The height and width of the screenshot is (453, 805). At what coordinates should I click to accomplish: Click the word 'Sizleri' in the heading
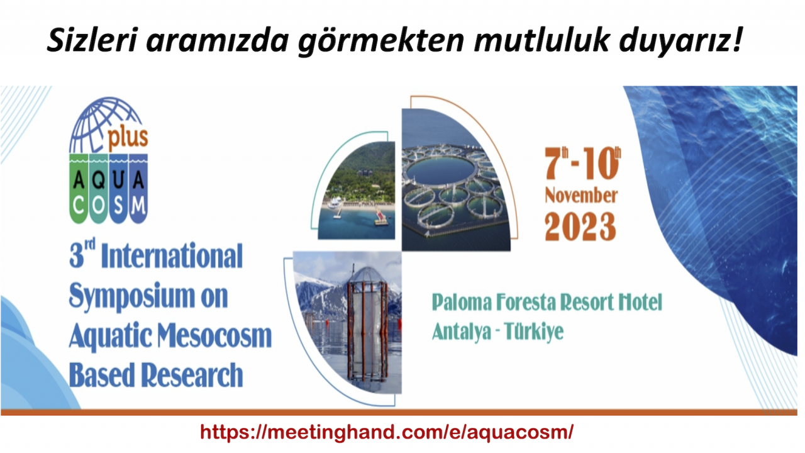92,40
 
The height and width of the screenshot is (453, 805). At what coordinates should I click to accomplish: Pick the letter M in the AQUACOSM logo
138,206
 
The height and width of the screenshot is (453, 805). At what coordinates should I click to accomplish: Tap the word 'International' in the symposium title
172,255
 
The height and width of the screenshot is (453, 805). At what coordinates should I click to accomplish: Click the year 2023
580,226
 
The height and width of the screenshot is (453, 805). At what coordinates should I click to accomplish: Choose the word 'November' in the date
581,196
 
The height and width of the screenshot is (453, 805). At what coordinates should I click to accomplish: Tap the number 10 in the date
598,164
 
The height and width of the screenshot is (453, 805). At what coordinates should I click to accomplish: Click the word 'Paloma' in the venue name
462,303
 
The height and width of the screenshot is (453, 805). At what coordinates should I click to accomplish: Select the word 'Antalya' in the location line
462,332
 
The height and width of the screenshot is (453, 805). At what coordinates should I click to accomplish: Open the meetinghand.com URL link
387,432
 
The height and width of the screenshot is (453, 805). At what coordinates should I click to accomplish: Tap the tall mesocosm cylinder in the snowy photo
367,323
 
